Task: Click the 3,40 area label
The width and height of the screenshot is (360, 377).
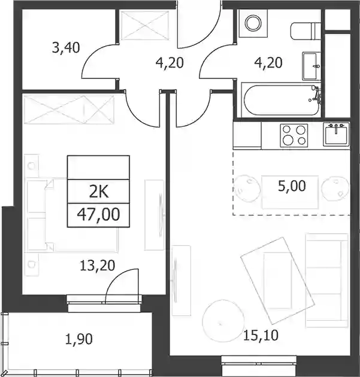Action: (66, 47)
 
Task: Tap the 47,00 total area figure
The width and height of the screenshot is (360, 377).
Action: (98, 214)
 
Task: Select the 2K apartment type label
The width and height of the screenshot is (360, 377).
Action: (99, 192)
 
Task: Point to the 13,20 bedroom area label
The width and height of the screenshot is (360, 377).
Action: (97, 266)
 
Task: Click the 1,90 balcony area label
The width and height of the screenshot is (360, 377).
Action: (79, 339)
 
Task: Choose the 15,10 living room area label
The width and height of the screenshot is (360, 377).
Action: (261, 335)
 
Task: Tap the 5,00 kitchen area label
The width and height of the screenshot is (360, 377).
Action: (292, 186)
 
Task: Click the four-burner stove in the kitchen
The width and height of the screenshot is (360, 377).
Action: (294, 135)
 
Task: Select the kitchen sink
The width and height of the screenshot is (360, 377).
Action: (336, 134)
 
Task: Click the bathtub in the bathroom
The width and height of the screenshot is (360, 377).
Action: (282, 100)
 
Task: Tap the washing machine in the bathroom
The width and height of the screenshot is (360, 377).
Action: (253, 23)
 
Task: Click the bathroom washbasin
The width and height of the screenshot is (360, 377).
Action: (311, 66)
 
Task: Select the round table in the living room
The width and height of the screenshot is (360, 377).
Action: (223, 321)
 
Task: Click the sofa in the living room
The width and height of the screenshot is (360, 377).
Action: (326, 280)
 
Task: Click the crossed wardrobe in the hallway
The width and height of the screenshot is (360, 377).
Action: (144, 25)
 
